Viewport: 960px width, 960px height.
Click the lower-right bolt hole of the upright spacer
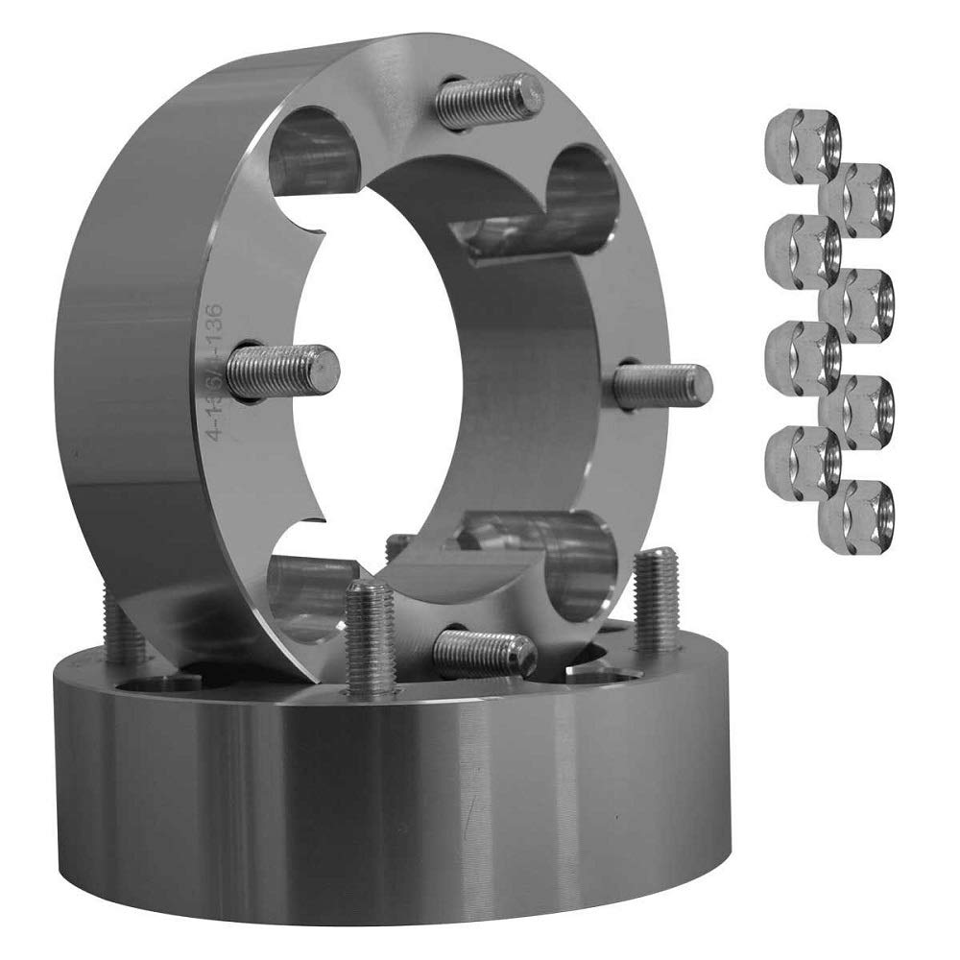[x=576, y=566]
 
